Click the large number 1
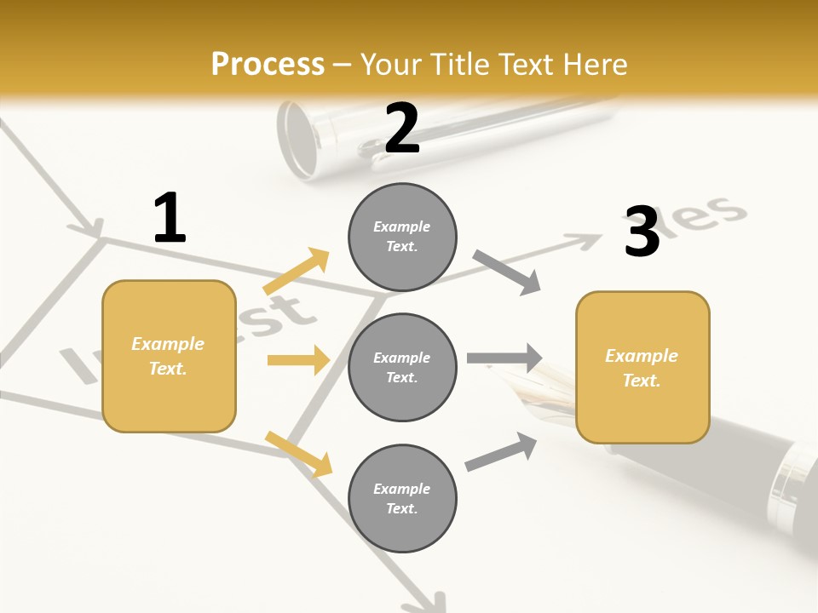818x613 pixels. coord(169,219)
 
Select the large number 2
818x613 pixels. coord(402,129)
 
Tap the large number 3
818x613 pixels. coord(642,232)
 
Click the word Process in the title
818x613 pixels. coord(268,64)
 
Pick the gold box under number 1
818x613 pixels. coord(169,356)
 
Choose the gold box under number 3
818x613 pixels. coord(642,367)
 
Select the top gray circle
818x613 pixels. coord(402,236)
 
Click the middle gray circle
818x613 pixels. coord(402,367)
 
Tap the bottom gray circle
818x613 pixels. coord(402,498)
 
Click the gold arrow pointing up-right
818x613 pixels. coord(297,272)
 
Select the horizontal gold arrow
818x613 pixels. coord(298,360)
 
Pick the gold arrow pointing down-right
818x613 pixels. coord(298,454)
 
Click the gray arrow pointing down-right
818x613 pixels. coord(506,272)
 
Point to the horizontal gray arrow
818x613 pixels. coord(504,358)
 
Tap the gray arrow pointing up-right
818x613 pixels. coord(501,452)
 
